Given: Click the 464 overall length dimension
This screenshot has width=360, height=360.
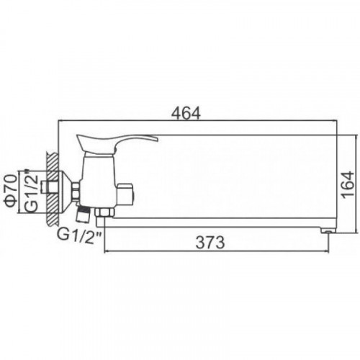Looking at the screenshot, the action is (x=186, y=113).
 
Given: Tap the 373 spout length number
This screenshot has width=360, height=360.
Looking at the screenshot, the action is (x=210, y=242).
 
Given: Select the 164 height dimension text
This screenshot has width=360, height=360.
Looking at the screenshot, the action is (x=348, y=184).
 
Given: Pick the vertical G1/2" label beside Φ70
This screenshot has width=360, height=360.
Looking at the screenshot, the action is (x=32, y=192).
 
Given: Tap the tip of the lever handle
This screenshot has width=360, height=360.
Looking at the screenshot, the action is (x=158, y=138).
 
